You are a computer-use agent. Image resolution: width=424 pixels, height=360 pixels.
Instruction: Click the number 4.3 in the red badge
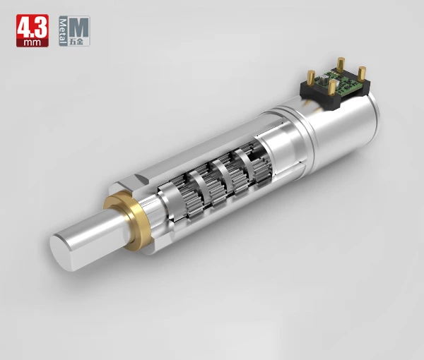[33, 28]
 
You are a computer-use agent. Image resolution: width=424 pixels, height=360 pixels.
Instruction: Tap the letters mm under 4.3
[33, 42]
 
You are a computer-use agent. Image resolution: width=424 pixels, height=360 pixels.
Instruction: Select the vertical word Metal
[63, 31]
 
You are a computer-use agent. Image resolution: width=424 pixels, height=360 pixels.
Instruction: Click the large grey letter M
[78, 28]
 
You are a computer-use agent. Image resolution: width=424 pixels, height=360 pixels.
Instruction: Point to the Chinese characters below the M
[76, 42]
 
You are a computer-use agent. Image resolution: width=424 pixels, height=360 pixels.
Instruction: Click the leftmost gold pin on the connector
[311, 77]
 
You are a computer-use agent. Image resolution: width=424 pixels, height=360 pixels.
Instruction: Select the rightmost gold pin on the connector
[362, 73]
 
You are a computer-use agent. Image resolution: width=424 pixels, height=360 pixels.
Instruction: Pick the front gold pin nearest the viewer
[332, 87]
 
